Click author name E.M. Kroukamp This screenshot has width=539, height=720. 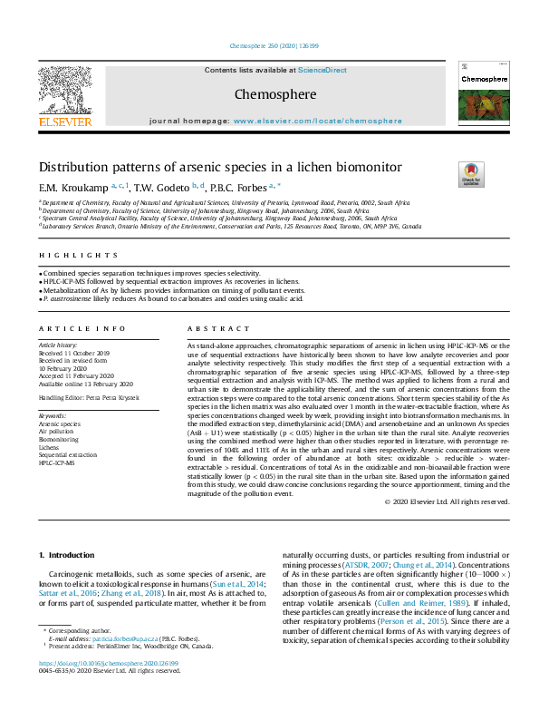click(x=72, y=188)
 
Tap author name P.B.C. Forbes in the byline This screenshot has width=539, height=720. click(x=239, y=188)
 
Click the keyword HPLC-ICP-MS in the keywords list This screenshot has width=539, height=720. click(x=56, y=462)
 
